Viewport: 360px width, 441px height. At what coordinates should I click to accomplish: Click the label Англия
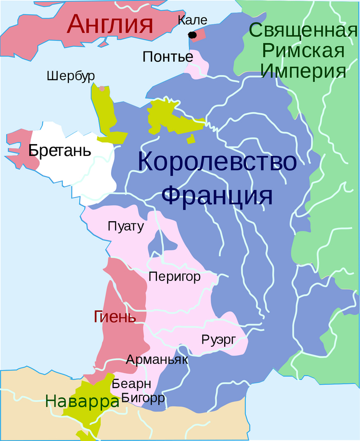(x=111, y=24)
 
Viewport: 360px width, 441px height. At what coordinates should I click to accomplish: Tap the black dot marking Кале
(x=192, y=35)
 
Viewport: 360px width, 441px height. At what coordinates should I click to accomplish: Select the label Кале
(x=192, y=21)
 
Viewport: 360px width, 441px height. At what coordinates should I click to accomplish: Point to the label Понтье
(x=168, y=57)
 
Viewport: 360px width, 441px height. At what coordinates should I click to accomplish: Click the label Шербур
(x=70, y=76)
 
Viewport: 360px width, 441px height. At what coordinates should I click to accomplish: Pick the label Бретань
(x=60, y=151)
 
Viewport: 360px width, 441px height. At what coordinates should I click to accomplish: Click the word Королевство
(x=217, y=163)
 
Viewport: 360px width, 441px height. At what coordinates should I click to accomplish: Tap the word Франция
(x=217, y=196)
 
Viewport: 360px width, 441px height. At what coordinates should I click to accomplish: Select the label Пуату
(x=126, y=226)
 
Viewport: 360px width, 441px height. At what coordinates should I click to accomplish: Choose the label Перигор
(x=174, y=276)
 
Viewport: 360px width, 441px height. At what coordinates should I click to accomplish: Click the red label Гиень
(x=115, y=316)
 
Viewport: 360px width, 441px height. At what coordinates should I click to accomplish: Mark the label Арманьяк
(x=157, y=360)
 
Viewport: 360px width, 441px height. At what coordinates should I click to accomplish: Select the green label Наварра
(x=82, y=401)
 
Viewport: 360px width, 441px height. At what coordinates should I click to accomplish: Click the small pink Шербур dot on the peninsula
(x=102, y=89)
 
